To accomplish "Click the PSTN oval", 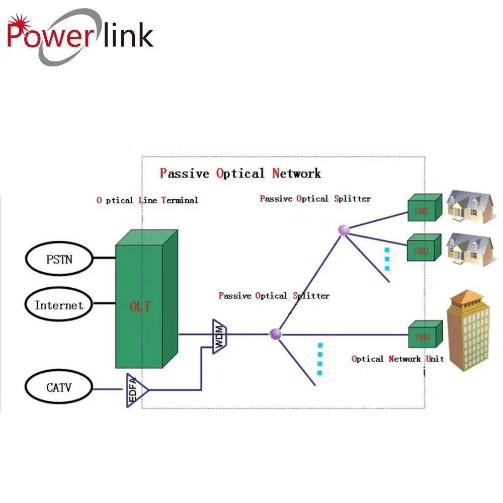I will tap(59, 260).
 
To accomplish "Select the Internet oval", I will tap(59, 305).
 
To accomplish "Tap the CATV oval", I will tap(59, 387).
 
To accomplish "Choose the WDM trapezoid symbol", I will tap(220, 336).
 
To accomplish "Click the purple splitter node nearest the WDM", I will tap(275, 333).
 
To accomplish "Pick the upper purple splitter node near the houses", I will tap(344, 230).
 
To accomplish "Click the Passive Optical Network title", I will tap(240, 174).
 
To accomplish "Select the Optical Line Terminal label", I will tap(147, 200).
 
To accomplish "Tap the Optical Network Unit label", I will tap(397, 359).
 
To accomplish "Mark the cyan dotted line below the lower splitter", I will tap(319, 359).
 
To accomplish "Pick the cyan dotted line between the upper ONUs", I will tap(387, 259).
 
